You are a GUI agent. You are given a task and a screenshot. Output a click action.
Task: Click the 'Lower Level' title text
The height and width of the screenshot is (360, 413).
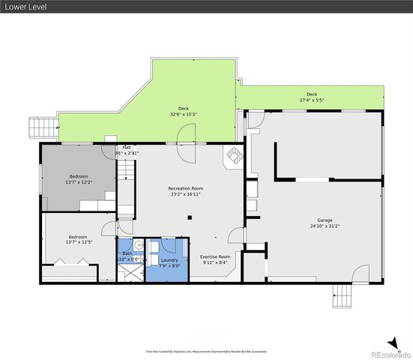click(23, 7)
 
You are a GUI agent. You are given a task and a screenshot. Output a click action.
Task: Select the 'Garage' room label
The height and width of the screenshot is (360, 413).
click(324, 220)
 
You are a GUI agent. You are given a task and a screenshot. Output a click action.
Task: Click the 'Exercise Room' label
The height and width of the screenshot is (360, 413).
click(214, 256)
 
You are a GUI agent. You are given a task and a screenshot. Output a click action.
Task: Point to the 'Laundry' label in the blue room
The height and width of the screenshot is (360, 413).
click(169, 259)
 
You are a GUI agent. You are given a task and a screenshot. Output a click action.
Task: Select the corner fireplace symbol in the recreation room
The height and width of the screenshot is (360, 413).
click(234, 156)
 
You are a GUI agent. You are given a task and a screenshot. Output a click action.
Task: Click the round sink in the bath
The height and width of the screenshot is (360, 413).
click(139, 245)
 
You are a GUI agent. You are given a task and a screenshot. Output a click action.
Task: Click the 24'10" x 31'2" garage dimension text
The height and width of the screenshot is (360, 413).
click(324, 226)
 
